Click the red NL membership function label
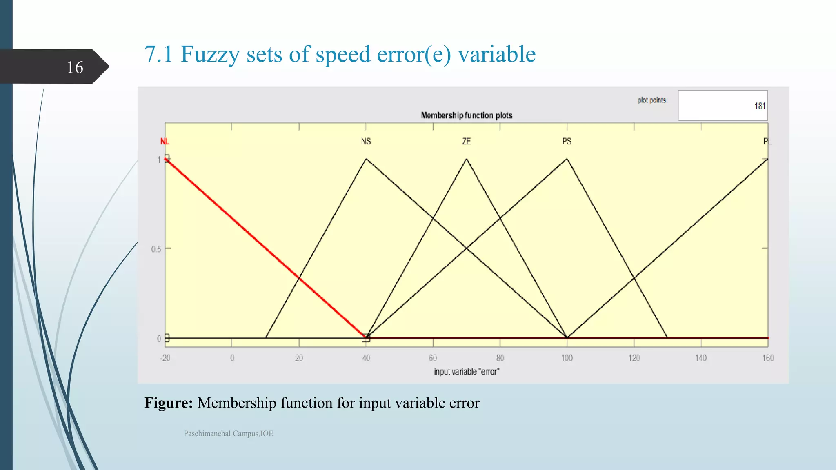(x=165, y=142)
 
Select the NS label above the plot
(x=366, y=142)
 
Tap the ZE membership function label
(x=466, y=142)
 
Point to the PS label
(x=567, y=142)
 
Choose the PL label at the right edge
(x=767, y=142)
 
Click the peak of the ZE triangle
(x=467, y=159)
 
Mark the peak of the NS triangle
(x=366, y=159)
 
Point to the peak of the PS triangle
(x=567, y=159)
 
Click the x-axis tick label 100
(x=567, y=358)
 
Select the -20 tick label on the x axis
(x=165, y=358)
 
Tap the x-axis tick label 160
(x=768, y=358)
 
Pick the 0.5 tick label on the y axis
(x=156, y=249)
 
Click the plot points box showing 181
(x=723, y=106)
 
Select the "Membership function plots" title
(x=467, y=115)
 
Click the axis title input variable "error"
(x=466, y=372)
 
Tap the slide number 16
(x=75, y=67)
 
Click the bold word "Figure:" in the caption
(x=168, y=403)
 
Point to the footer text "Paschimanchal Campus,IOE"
(x=228, y=434)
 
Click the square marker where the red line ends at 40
(x=366, y=338)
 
